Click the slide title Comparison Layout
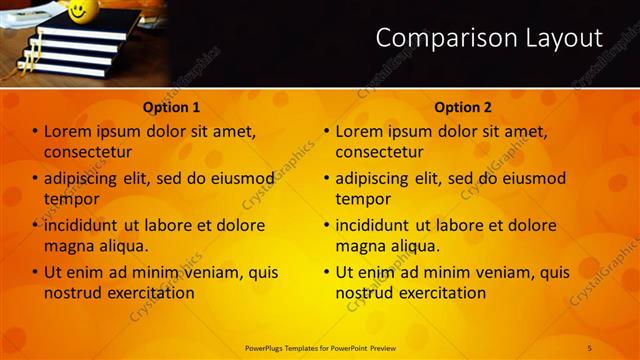pyautogui.click(x=489, y=39)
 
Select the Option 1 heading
pyautogui.click(x=171, y=107)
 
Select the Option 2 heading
pyautogui.click(x=462, y=107)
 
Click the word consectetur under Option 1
pyautogui.click(x=88, y=152)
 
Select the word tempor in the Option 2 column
pyautogui.click(x=363, y=199)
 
